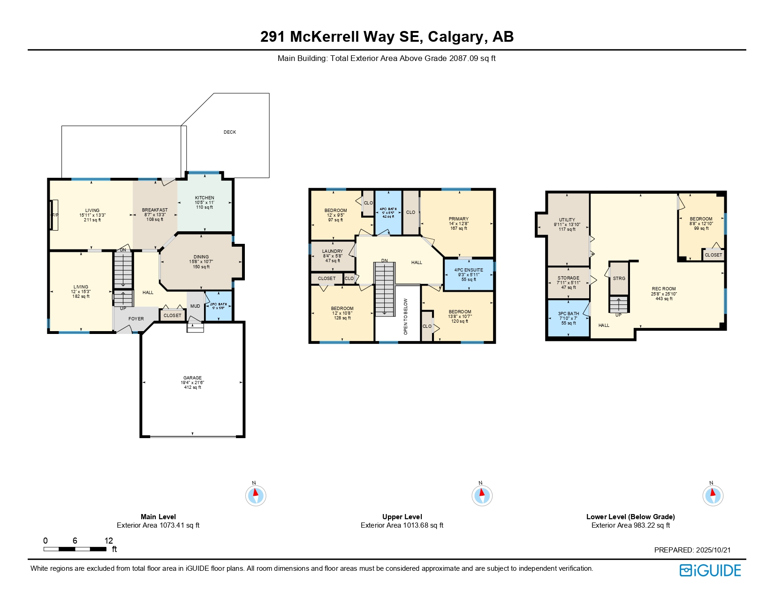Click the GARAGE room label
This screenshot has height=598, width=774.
coord(192,378)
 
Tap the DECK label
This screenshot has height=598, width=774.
coord(230,132)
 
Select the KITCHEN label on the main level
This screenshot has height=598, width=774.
coord(205,198)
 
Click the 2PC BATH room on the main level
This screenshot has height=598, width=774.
coord(219,306)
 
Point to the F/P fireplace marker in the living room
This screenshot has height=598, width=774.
coord(55,215)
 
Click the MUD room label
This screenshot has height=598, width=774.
coord(195,306)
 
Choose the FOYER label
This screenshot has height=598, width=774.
coord(136,319)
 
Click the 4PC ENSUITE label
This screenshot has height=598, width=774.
coord(469,271)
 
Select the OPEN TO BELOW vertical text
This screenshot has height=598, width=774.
coord(406,317)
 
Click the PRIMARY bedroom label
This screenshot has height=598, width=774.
coord(459,219)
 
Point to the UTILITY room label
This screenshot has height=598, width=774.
coord(567,220)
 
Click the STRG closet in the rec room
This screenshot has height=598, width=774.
coord(619,279)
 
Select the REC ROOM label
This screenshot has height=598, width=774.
coord(664,289)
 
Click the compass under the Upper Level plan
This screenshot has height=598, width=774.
coord(482,496)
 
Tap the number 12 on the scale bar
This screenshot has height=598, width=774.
coord(109,541)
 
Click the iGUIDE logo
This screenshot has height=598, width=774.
coord(710,571)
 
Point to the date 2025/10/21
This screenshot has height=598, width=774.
coord(713,550)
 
